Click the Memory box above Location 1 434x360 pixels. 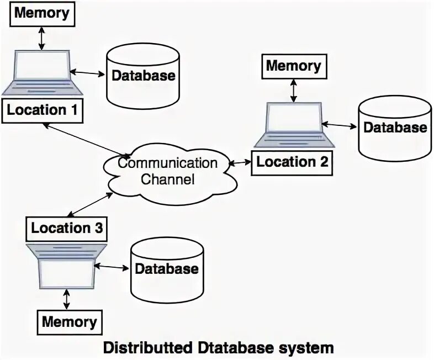click(43, 14)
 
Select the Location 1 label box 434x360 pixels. click(43, 110)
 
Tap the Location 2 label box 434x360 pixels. click(292, 163)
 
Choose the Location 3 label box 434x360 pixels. click(66, 229)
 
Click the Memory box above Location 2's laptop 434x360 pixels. click(294, 66)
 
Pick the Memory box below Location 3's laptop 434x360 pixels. click(70, 322)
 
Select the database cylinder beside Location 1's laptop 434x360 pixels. click(143, 77)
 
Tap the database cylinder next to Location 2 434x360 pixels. click(395, 129)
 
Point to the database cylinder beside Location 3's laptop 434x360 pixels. click(167, 269)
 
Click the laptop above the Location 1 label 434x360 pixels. click(42, 73)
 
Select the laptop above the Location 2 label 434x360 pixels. click(294, 125)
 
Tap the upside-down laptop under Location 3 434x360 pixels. click(66, 266)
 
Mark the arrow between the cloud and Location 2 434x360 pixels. click(240, 163)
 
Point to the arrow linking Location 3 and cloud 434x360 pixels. click(90, 204)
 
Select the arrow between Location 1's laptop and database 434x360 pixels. click(87, 73)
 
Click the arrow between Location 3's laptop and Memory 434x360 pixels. click(66, 299)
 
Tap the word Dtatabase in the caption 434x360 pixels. click(237, 347)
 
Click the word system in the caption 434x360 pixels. click(306, 348)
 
